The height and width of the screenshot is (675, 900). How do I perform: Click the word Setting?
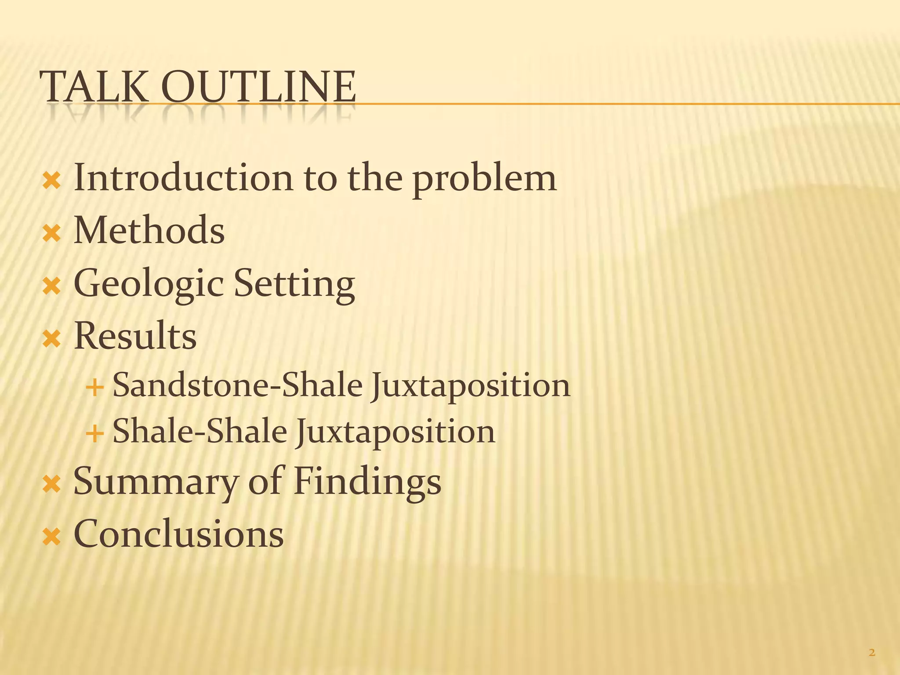294,284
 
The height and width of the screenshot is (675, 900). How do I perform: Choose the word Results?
135,336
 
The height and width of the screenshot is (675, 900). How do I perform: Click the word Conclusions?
178,534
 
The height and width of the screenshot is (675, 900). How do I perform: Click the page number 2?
872,653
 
